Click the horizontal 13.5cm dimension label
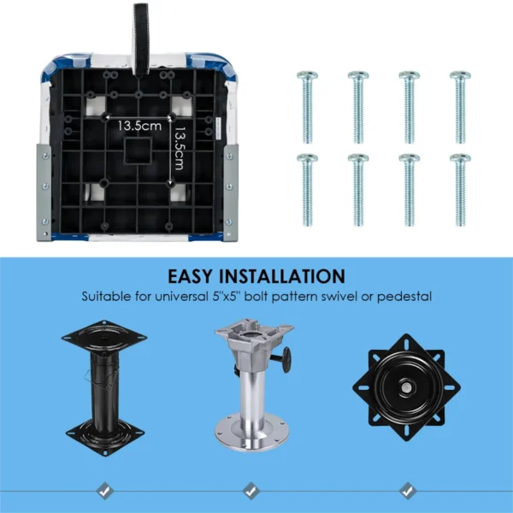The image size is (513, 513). (x=139, y=126)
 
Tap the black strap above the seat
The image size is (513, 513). (x=141, y=25)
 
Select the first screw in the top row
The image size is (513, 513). (x=306, y=107)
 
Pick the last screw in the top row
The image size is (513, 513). (x=460, y=107)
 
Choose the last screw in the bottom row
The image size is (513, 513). (x=460, y=189)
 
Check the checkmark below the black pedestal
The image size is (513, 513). (x=103, y=490)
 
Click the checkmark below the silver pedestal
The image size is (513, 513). (x=251, y=490)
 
